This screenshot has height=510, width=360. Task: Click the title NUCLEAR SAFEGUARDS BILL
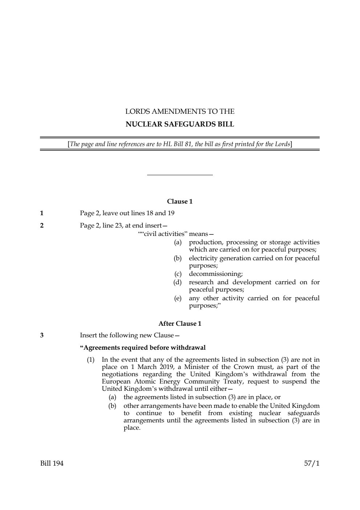point(180,124)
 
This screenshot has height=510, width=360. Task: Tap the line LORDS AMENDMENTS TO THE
point(180,111)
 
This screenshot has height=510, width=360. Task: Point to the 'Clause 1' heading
point(180,201)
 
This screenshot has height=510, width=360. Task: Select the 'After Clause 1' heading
point(180,324)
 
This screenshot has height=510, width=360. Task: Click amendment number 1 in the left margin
point(42,213)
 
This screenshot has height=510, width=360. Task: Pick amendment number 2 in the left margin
point(42,225)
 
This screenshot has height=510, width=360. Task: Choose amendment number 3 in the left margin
point(42,335)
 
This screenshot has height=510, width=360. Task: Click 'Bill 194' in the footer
point(52,463)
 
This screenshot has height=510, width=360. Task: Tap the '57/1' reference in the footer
point(312,463)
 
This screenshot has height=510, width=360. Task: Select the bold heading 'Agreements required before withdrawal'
point(143,348)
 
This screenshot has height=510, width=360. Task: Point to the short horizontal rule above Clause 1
point(180,175)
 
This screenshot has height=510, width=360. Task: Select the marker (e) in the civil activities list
point(178,298)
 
